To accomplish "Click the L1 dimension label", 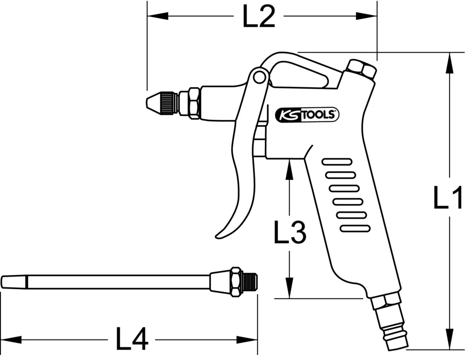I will pyautogui.click(x=447, y=198).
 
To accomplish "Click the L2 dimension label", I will pyautogui.click(x=258, y=17).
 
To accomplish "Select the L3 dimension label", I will pyautogui.click(x=290, y=232).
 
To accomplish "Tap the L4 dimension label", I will pyautogui.click(x=132, y=339).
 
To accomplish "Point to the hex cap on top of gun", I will pyautogui.click(x=361, y=70).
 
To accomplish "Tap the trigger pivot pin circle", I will pyautogui.click(x=258, y=78).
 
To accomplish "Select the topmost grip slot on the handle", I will pyautogui.click(x=337, y=162).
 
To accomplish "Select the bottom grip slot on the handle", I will pyautogui.click(x=355, y=228).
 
